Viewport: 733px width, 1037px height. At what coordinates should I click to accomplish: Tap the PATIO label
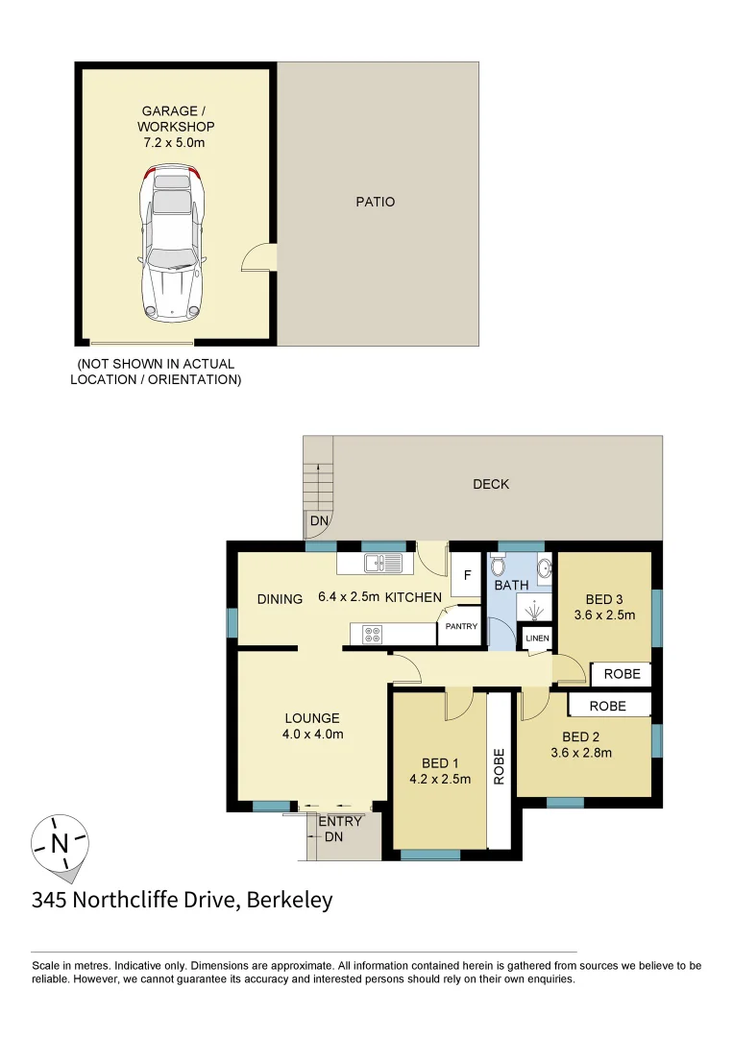pos(375,203)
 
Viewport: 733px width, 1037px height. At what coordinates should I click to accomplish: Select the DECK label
pos(491,484)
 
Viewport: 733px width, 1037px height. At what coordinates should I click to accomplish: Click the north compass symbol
pos(60,845)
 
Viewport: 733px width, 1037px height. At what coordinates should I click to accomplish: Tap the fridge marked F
pos(467,576)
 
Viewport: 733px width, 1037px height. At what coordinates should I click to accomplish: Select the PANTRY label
pos(460,627)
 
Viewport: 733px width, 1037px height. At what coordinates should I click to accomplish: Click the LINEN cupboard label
pos(537,638)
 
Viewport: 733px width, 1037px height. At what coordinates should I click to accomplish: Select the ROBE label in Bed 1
pos(499,767)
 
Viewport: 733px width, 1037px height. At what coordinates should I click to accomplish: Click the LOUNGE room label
pos(312,718)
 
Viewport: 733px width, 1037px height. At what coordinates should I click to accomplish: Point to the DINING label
pos(281,598)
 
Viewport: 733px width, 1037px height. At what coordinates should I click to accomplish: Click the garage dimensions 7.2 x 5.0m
pos(176,142)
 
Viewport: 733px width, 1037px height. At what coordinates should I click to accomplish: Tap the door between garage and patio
pos(260,257)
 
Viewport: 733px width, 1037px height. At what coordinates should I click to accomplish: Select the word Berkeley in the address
pos(290,901)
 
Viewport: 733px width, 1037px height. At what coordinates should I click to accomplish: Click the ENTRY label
pos(340,821)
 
